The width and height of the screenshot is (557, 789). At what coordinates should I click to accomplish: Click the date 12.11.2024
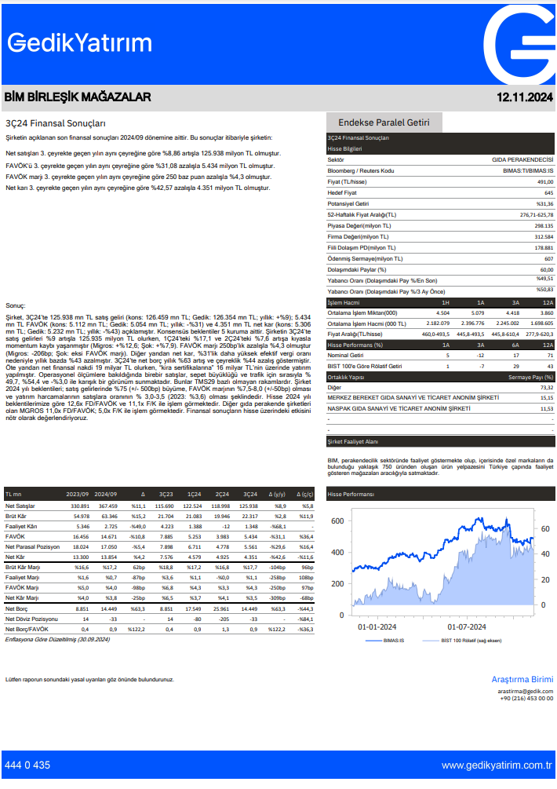pos(525,97)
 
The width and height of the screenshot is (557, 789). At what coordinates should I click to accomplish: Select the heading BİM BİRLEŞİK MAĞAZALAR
pos(78,97)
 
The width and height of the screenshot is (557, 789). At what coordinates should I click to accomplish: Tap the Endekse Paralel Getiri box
pos(384,122)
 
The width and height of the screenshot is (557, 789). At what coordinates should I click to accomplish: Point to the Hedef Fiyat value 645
pos(548,192)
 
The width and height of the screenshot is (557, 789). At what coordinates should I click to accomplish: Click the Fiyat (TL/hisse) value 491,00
pos(544,181)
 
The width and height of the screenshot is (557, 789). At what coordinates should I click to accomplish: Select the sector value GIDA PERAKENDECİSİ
pos(522,159)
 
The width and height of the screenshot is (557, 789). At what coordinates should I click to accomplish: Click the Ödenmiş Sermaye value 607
pos(548,258)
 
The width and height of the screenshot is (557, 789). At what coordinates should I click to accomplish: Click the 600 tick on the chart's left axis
pos(337,521)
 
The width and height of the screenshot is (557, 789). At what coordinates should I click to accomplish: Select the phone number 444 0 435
pos(27,765)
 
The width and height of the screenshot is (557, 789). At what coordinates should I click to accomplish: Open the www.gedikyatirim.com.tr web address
pos(497,765)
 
